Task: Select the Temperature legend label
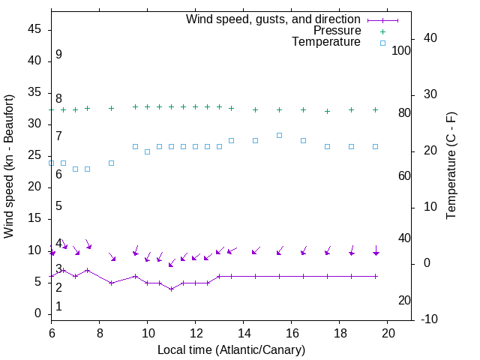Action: coord(326,42)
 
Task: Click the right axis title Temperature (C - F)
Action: coord(451,166)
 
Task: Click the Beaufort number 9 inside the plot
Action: coord(58,55)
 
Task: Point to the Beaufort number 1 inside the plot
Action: coord(58,307)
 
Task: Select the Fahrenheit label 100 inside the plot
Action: coord(401,50)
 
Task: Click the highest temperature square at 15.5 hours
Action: coord(279,135)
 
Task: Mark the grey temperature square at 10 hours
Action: coord(147,151)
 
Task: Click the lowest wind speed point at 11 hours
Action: coord(171,289)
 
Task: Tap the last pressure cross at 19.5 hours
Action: coord(375,109)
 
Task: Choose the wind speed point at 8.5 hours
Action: coord(111,283)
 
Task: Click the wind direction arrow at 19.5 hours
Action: coord(375,251)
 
